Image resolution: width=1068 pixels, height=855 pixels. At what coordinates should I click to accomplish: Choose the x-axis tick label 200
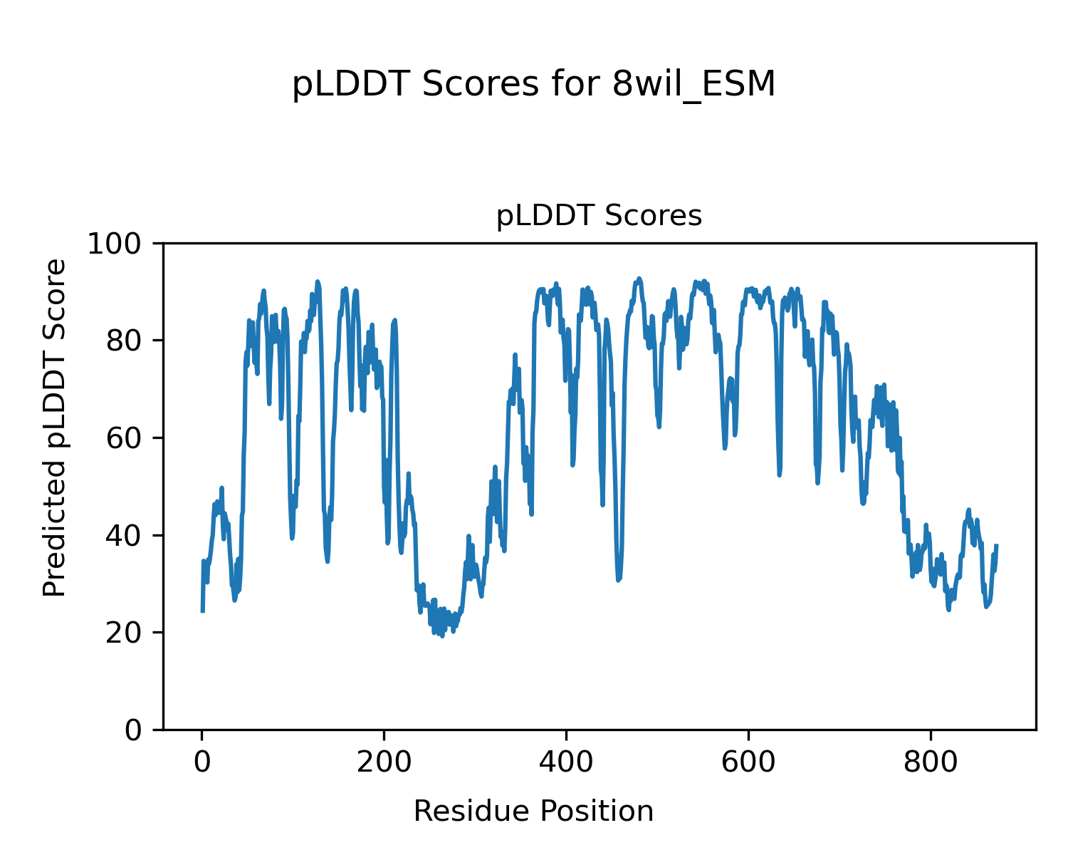click(x=384, y=762)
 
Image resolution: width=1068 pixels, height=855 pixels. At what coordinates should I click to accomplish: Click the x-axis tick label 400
click(x=566, y=762)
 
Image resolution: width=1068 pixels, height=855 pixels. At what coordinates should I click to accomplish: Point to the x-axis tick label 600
click(x=748, y=762)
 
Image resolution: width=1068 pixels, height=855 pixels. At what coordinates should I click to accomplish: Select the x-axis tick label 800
click(x=931, y=762)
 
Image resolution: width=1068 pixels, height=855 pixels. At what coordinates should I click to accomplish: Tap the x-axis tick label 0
click(x=202, y=762)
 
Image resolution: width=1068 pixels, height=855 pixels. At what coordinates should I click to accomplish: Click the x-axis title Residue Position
click(x=533, y=811)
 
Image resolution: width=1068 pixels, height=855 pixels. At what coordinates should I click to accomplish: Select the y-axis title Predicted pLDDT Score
click(x=55, y=428)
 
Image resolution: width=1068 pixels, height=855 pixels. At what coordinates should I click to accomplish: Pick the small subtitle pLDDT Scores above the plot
click(x=599, y=216)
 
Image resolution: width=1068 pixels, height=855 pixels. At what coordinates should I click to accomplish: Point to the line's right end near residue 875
click(x=997, y=546)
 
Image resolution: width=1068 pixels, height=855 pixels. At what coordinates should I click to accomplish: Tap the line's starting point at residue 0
click(x=202, y=611)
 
